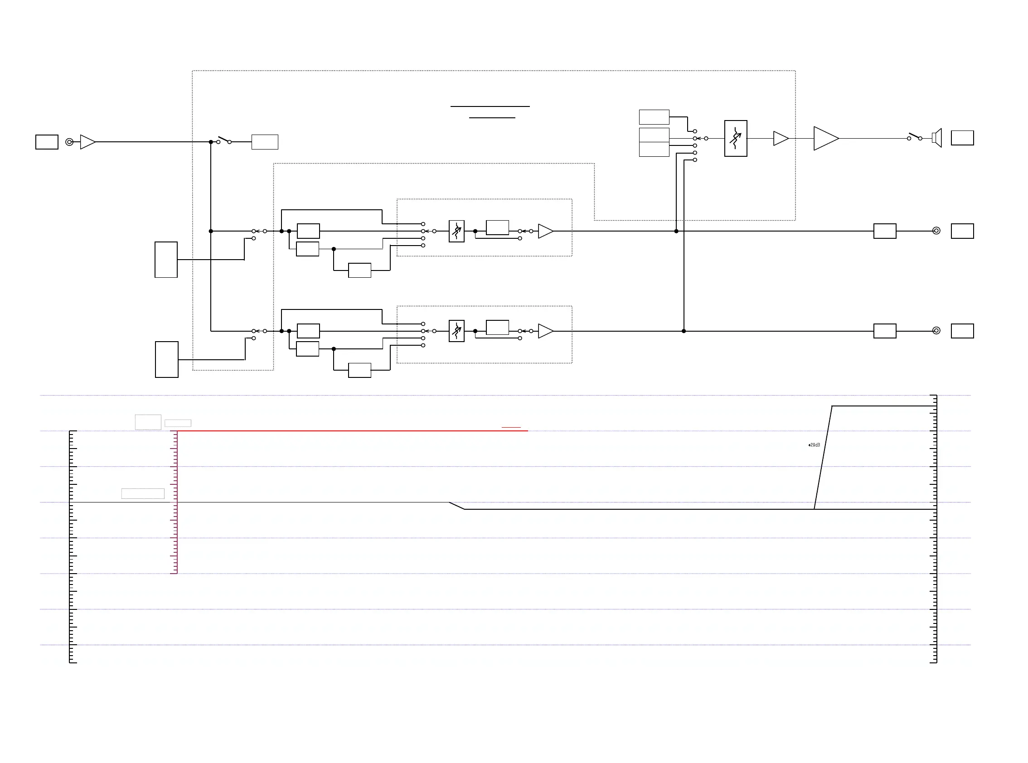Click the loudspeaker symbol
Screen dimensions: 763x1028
tap(937, 138)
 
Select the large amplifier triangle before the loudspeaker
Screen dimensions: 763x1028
tap(825, 138)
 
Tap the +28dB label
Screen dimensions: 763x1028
tap(814, 445)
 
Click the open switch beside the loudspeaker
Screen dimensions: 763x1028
tap(914, 137)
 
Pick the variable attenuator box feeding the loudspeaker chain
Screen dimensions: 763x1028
tap(736, 139)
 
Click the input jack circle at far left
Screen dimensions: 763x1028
tap(69, 142)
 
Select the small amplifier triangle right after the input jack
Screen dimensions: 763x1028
tap(87, 142)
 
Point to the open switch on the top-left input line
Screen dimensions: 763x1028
tap(224, 140)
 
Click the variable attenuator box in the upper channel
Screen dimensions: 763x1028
tap(456, 231)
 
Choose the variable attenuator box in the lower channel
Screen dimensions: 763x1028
tap(456, 331)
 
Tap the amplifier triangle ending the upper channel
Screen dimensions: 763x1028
tap(545, 231)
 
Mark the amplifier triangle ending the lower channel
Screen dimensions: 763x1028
tap(545, 331)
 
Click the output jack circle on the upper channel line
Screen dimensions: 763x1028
tap(936, 231)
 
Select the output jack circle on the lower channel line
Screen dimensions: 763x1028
tap(936, 331)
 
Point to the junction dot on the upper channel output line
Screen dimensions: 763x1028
tap(676, 231)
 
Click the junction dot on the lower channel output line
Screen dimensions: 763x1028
tap(684, 331)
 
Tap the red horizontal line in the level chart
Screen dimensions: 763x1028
tap(351, 431)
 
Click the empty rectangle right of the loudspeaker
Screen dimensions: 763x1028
tap(962, 138)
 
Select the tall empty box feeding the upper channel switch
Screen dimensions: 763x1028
tap(166, 260)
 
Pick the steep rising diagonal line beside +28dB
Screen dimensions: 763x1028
tap(823, 457)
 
